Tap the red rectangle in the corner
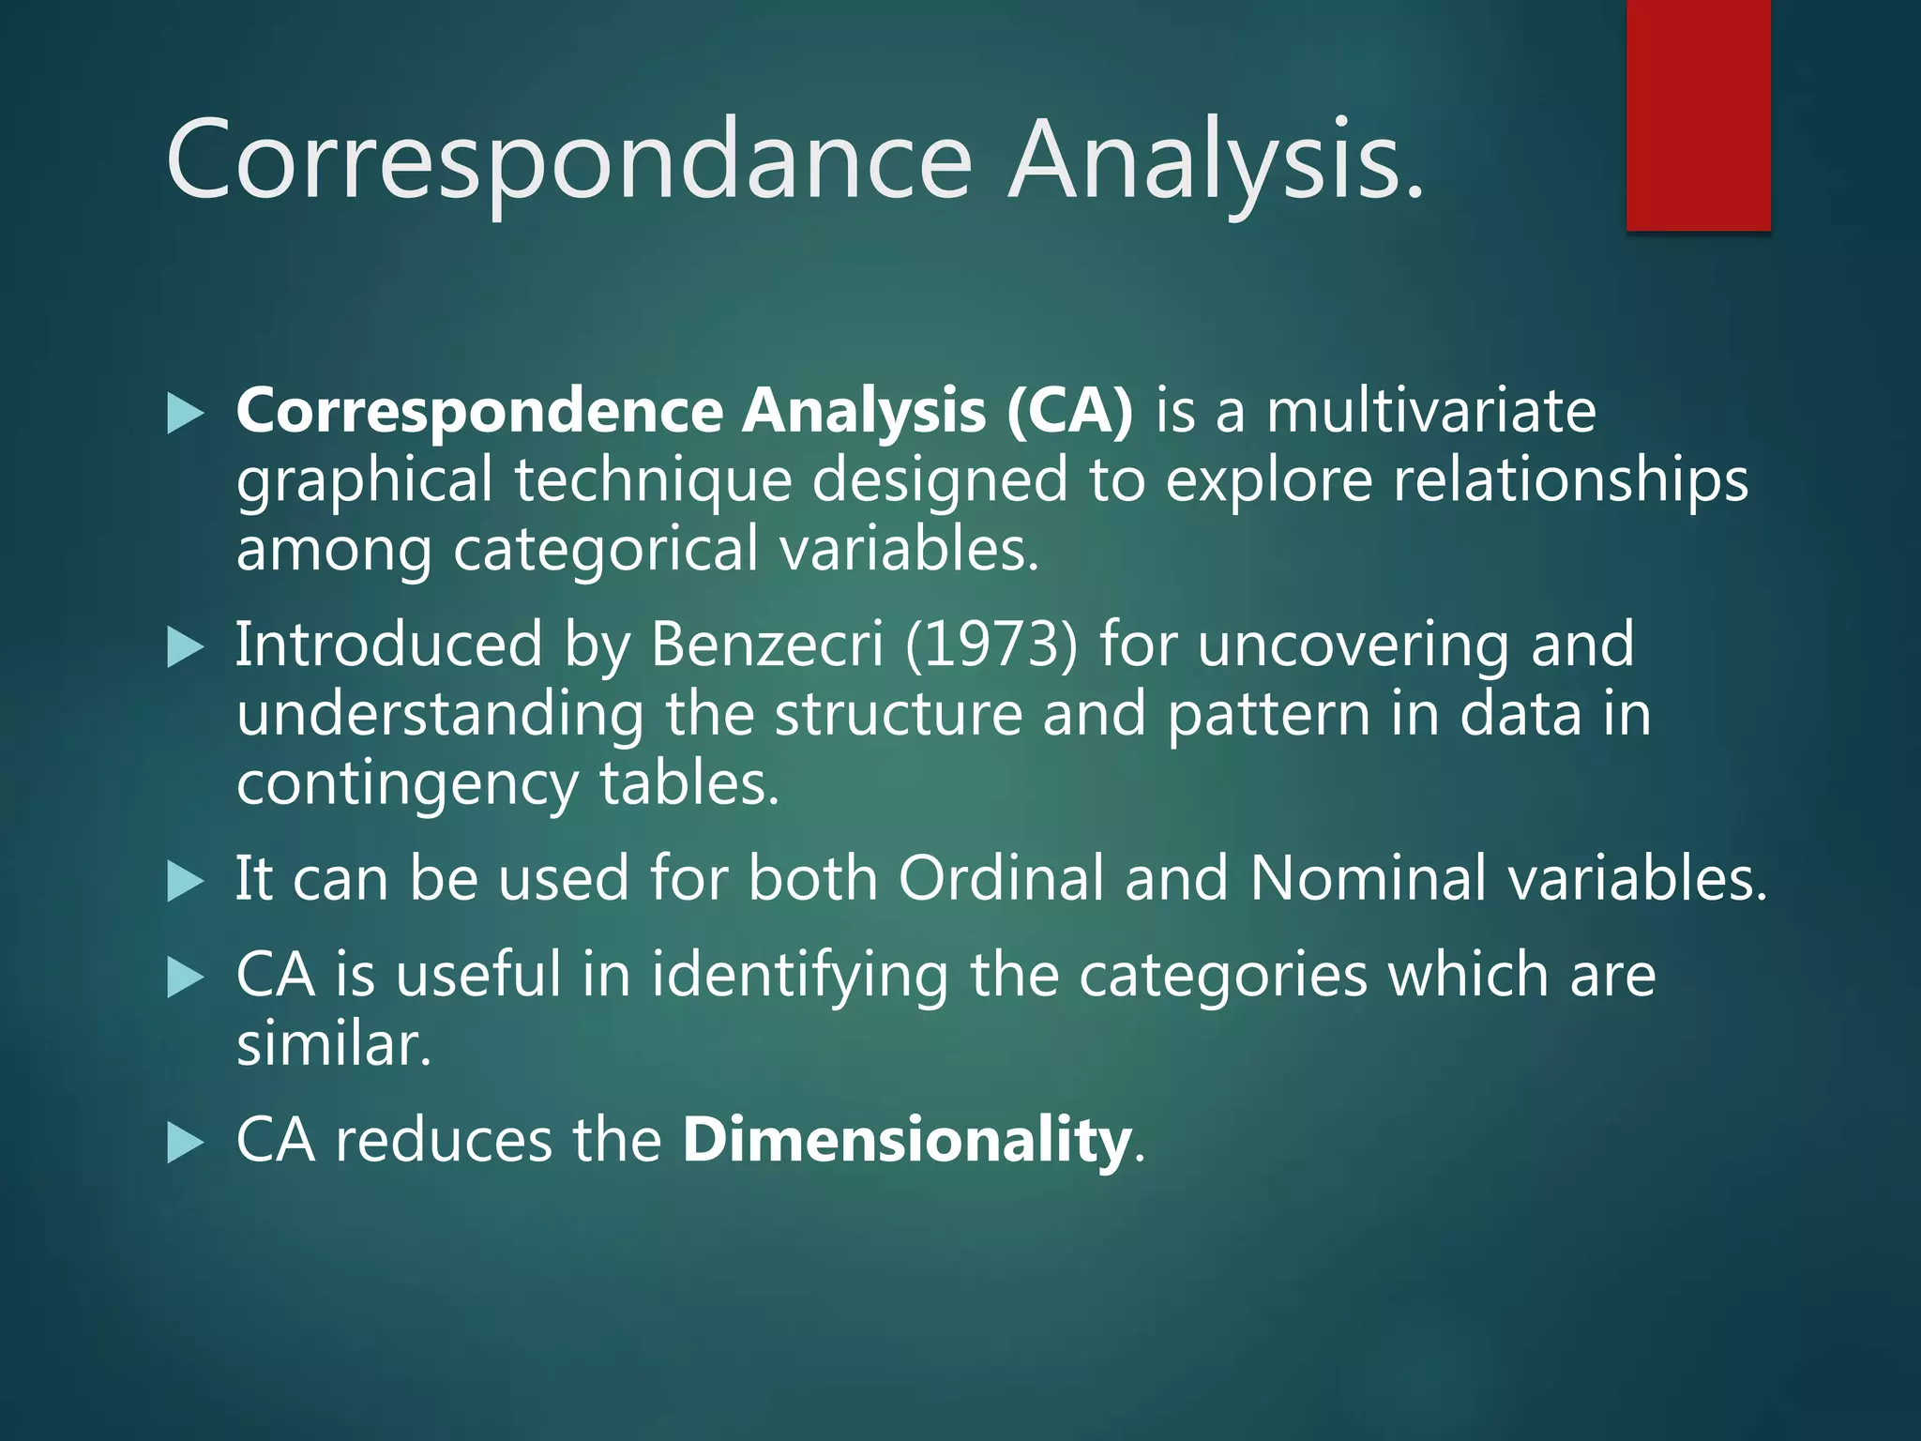(1698, 114)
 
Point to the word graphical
(364, 481)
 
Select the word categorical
(606, 549)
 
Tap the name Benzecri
(766, 645)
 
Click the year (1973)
(991, 645)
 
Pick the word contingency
(407, 785)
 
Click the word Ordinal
(1001, 879)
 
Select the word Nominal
(1368, 879)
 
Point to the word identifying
(799, 976)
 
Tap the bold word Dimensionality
(906, 1140)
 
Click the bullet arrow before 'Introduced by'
(185, 647)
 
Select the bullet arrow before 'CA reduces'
(185, 1143)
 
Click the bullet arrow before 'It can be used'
(185, 882)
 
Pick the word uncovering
(1354, 645)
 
